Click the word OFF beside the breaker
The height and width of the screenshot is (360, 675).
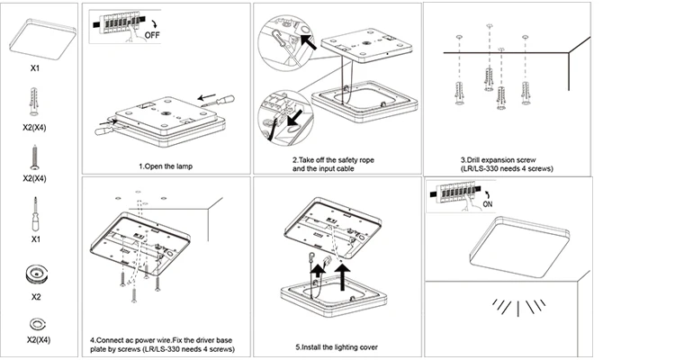click(x=152, y=35)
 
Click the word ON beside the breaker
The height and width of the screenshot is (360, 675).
click(x=488, y=204)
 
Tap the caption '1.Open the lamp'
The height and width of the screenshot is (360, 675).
click(x=166, y=166)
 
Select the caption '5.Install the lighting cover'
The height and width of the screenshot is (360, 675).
click(x=337, y=347)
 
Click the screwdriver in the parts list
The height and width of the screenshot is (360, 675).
click(x=35, y=214)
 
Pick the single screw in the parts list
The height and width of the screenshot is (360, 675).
click(x=34, y=157)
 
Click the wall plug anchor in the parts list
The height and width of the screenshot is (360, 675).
click(x=34, y=102)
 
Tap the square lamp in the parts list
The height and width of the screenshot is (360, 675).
click(x=42, y=40)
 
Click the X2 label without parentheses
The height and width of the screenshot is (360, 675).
click(x=36, y=297)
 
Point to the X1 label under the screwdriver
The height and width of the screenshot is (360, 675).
click(x=36, y=239)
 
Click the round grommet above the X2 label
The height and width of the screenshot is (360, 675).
click(x=36, y=274)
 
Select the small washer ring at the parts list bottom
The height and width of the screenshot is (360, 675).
click(x=37, y=324)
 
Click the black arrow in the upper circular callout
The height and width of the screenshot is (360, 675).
click(x=308, y=42)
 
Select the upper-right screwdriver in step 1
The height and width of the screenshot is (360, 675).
click(x=219, y=101)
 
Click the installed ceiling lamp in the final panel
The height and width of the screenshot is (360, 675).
click(x=520, y=247)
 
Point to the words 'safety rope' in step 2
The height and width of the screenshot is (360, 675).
click(x=356, y=160)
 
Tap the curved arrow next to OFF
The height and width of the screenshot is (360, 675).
click(x=148, y=24)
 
